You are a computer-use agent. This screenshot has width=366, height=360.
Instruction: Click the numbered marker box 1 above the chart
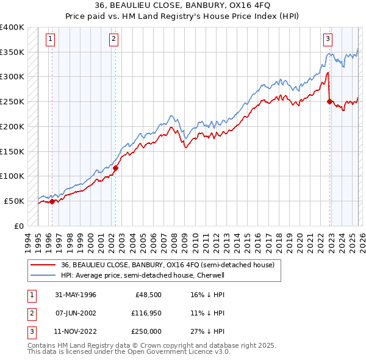pos(49,39)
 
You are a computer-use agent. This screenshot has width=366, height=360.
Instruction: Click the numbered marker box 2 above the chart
pos(113,39)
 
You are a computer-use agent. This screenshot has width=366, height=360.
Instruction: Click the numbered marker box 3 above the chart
pos(328,39)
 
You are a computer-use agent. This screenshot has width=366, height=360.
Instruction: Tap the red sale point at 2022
pos(330,102)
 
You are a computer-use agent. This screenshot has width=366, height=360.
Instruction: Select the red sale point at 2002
pos(115,168)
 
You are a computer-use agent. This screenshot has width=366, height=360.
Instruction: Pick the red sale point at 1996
pos(52,201)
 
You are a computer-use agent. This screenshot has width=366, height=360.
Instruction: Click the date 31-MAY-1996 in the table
pos(75,295)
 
